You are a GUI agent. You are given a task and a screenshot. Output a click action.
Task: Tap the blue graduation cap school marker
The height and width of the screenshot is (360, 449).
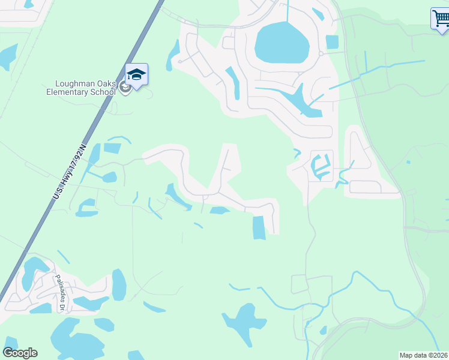[136, 75]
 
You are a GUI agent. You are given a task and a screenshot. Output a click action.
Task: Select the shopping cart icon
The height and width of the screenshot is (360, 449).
[440, 18]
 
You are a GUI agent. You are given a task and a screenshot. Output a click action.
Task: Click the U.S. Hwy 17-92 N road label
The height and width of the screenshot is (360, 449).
[70, 171]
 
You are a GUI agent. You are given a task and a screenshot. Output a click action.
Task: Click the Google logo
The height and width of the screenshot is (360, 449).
[20, 353]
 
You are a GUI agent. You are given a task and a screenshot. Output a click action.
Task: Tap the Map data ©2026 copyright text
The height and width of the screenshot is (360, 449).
[423, 355]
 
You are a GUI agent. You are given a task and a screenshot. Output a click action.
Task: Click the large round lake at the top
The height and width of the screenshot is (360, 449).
[282, 43]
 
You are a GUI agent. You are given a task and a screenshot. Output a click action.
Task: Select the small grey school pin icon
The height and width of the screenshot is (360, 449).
[125, 88]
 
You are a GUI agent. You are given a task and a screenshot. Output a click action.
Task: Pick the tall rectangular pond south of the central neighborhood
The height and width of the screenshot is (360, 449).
[259, 227]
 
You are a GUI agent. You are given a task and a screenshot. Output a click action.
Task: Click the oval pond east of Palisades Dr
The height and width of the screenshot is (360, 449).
[119, 284]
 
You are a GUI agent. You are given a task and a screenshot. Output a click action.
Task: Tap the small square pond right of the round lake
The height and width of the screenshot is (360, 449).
[332, 42]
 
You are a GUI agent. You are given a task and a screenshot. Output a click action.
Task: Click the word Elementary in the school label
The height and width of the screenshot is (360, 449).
[73, 92]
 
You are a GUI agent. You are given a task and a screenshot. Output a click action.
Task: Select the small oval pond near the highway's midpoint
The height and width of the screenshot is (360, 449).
[109, 177]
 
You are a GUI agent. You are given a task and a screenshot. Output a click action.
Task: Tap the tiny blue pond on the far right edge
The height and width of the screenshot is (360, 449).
[408, 161]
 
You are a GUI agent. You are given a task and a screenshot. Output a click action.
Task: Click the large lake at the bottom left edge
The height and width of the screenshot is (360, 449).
[72, 342]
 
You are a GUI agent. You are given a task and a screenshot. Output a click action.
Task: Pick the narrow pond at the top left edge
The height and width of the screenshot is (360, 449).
[7, 56]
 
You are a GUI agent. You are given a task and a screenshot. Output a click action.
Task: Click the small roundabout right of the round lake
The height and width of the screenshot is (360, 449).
[321, 53]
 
